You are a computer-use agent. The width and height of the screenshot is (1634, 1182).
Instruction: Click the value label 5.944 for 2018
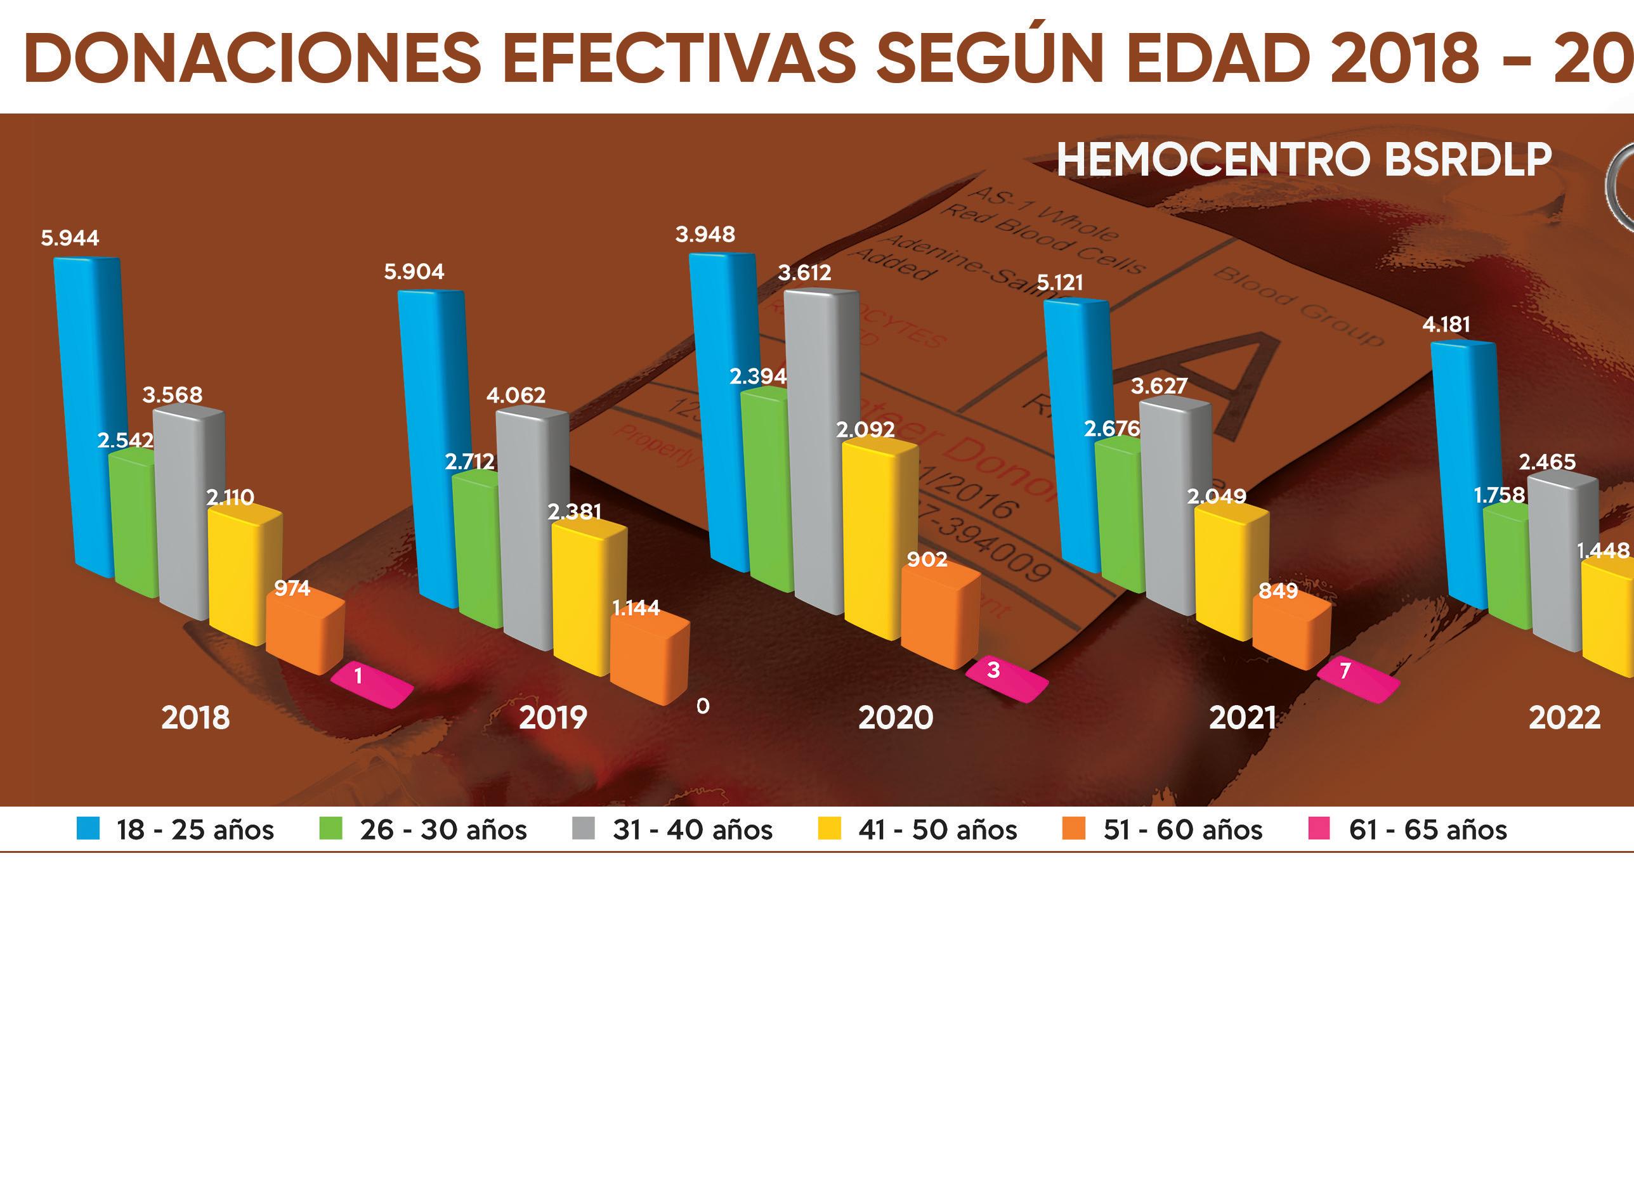(70, 238)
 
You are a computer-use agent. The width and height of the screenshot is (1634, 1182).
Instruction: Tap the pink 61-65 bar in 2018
(372, 685)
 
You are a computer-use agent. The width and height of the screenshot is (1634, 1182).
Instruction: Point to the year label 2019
(552, 717)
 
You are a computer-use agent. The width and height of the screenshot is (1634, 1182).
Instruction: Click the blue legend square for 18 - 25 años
(88, 829)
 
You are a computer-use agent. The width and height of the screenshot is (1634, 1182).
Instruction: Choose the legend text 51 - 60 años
(1182, 830)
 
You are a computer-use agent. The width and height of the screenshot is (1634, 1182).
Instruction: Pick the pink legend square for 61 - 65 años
(1319, 829)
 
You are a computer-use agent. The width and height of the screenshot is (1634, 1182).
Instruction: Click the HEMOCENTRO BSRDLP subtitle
(1304, 160)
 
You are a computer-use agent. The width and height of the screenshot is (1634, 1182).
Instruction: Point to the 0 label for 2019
(702, 706)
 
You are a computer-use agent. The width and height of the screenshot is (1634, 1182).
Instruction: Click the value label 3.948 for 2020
(705, 235)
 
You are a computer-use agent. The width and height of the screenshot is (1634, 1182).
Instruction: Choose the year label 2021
(1242, 717)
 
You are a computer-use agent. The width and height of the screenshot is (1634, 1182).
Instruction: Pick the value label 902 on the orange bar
(927, 560)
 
